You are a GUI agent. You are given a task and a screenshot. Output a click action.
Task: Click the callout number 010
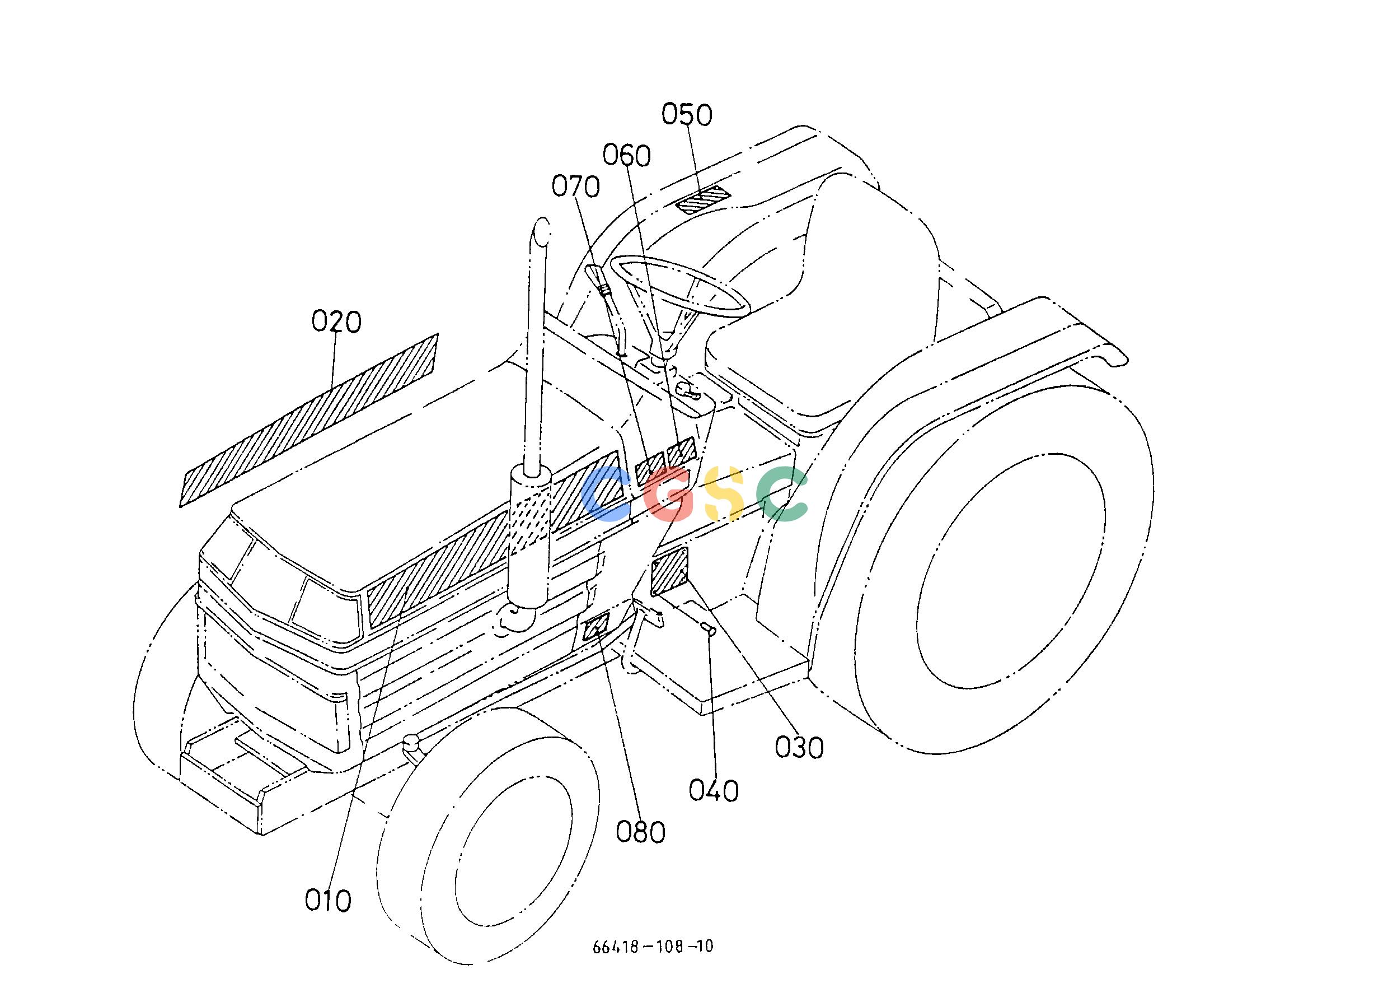(329, 900)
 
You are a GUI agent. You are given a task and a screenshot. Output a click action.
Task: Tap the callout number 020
(336, 321)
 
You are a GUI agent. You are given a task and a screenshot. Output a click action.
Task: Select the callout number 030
(799, 747)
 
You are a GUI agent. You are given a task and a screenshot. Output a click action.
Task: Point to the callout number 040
(714, 791)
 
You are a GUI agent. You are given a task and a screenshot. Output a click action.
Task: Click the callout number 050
(686, 114)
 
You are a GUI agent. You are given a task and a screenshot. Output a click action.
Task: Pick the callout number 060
(627, 156)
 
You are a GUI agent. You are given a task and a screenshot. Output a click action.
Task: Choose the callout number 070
(576, 186)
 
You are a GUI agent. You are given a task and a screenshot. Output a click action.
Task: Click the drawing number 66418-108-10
(653, 947)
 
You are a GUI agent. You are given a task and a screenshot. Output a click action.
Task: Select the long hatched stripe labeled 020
(309, 420)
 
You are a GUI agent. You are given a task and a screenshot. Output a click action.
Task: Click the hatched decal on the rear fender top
(704, 201)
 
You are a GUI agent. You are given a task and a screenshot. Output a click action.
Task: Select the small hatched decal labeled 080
(596, 627)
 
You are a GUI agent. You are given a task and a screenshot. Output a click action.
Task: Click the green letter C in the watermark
(782, 494)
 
